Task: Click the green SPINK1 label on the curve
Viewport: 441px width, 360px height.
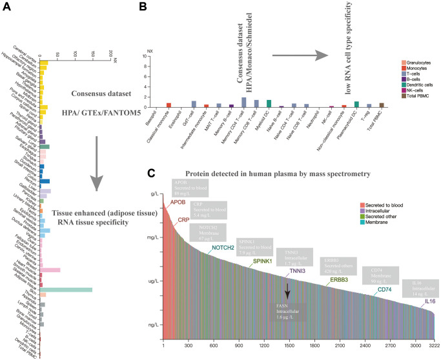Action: pyautogui.click(x=262, y=261)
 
